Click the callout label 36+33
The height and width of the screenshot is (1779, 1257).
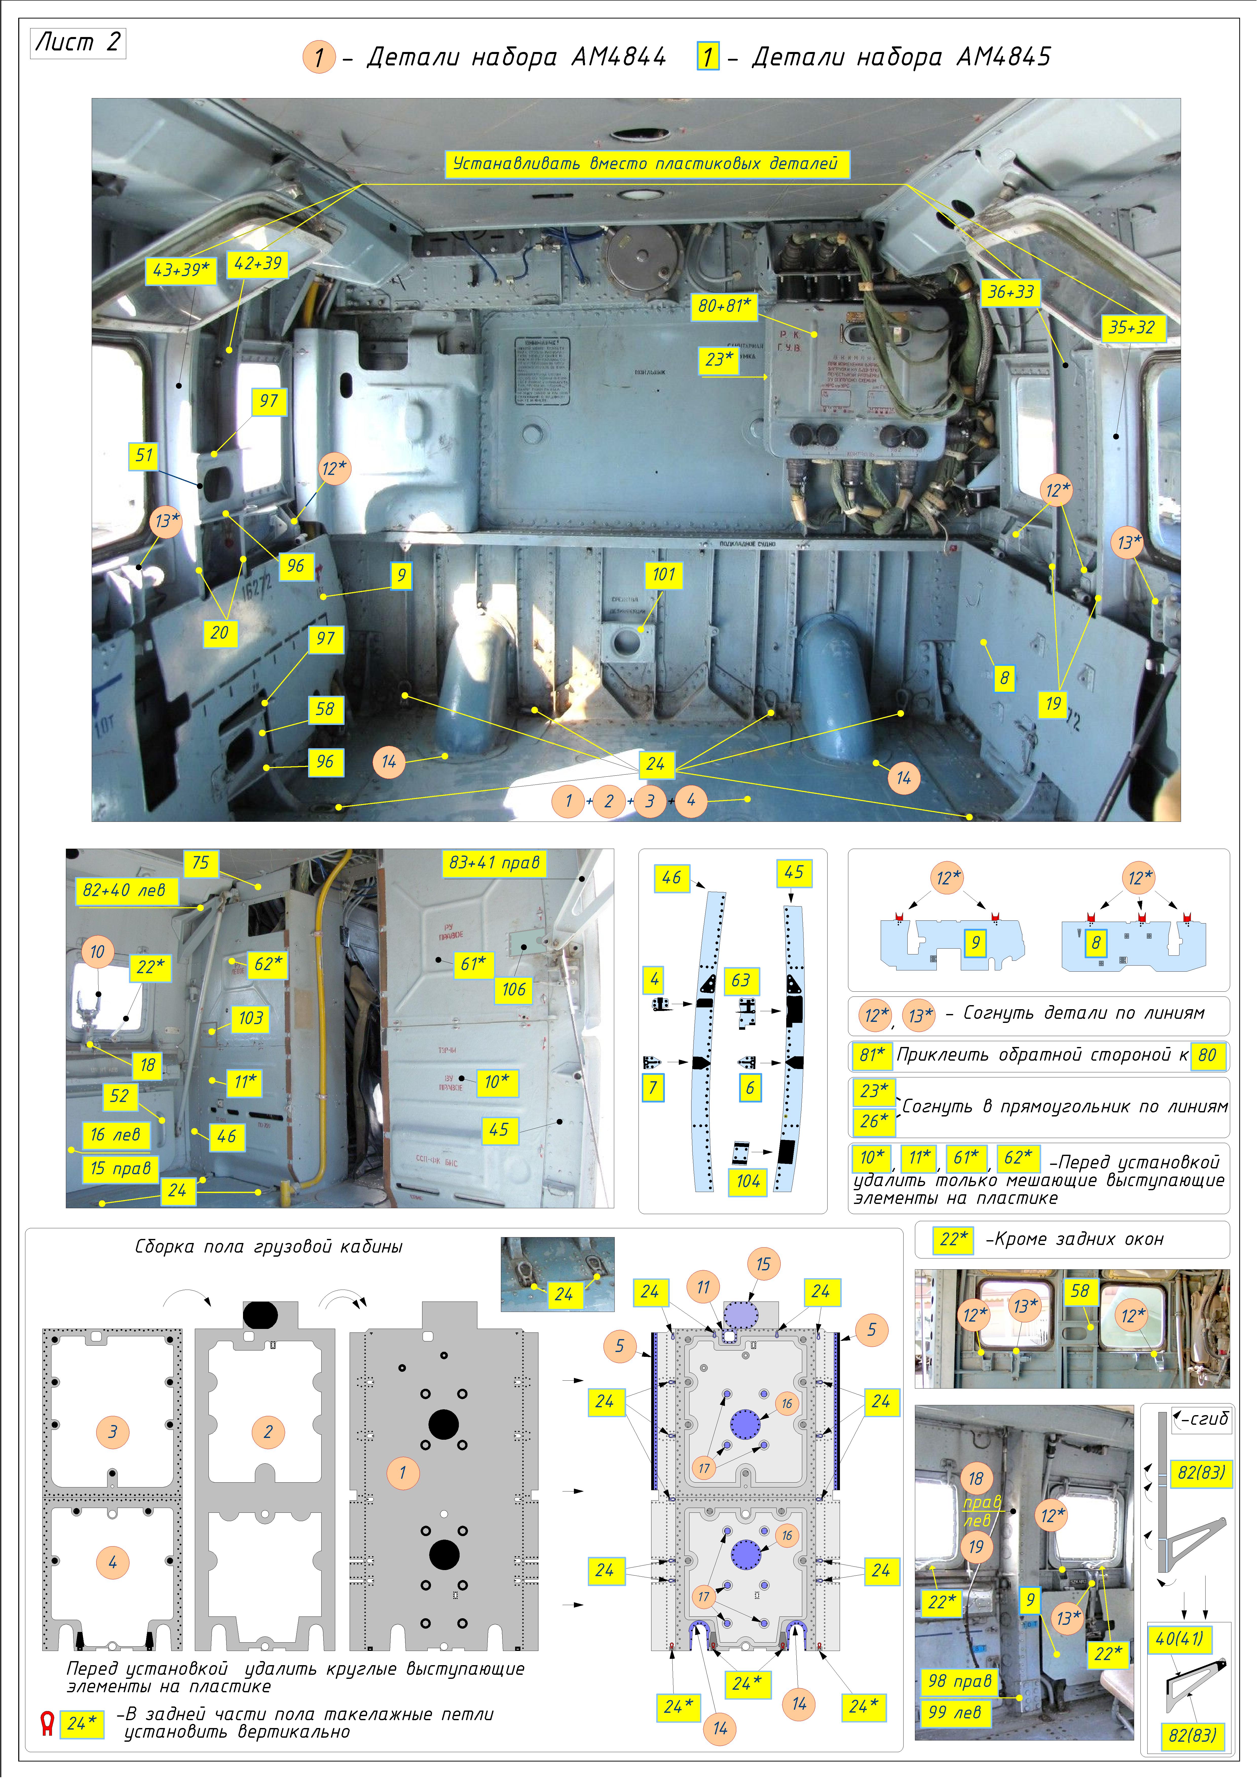(x=1011, y=292)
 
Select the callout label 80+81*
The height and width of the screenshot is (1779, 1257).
(x=724, y=306)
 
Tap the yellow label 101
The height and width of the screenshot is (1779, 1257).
(x=664, y=575)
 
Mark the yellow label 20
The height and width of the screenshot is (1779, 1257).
(x=219, y=633)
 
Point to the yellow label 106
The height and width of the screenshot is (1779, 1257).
(x=514, y=989)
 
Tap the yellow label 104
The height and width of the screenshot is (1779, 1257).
(x=748, y=1182)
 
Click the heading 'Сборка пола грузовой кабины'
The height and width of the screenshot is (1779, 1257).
(x=269, y=1247)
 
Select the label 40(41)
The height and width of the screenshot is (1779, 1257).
(x=1179, y=1639)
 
